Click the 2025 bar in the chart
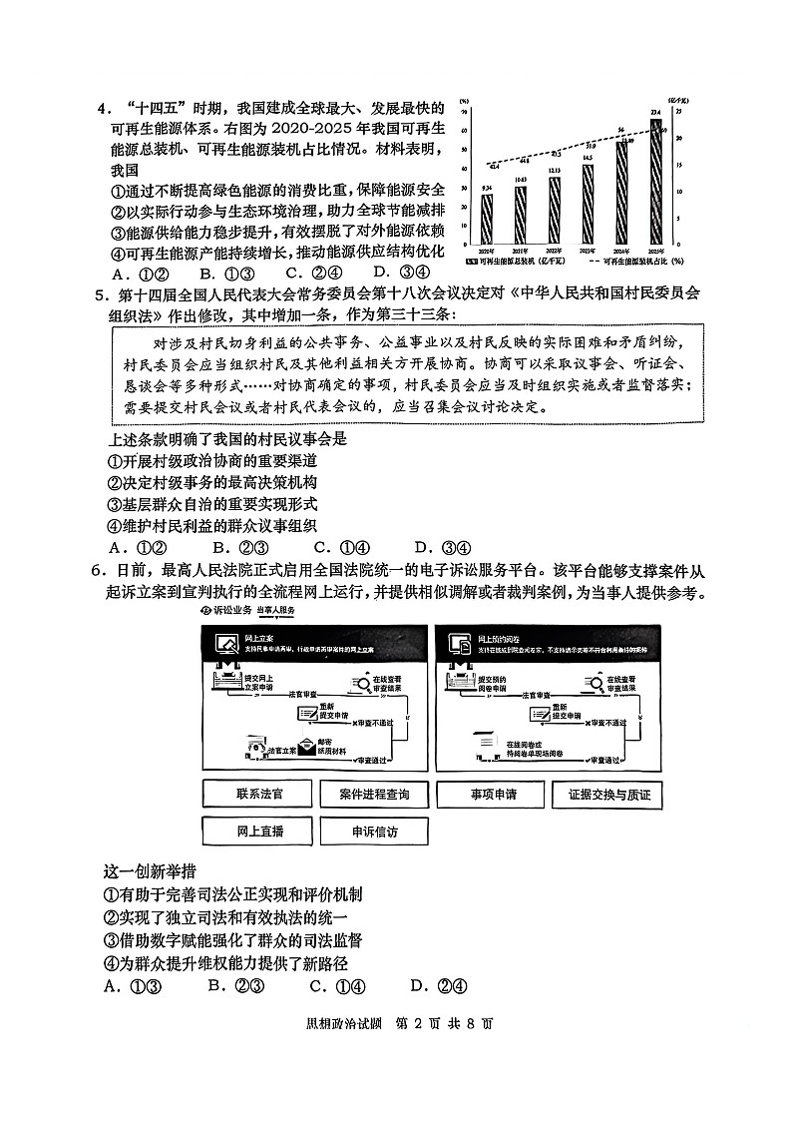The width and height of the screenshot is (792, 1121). click(x=654, y=185)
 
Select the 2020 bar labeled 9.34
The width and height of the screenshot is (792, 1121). click(x=487, y=219)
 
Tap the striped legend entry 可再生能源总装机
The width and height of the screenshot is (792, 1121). click(x=519, y=262)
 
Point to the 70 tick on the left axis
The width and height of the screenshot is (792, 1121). click(x=466, y=113)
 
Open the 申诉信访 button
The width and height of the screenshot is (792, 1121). click(x=373, y=832)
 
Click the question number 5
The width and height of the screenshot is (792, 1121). click(x=100, y=294)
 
